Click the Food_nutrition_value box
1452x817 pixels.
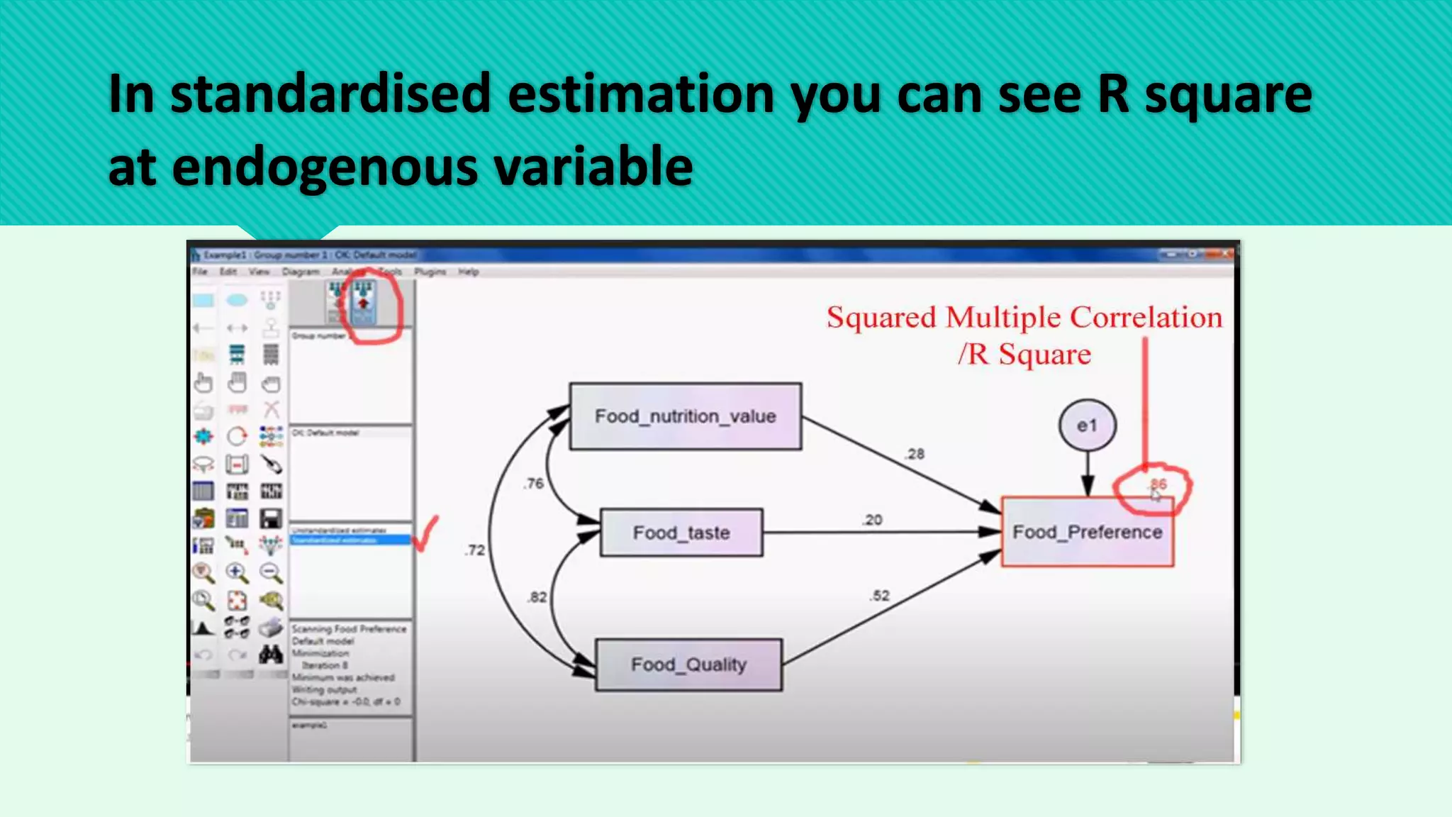point(685,416)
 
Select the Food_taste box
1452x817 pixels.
point(681,533)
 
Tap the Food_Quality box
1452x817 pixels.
point(688,665)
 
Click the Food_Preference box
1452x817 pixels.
point(1087,532)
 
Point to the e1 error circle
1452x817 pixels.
point(1087,426)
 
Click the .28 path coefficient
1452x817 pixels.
point(915,454)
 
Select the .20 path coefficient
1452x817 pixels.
point(873,520)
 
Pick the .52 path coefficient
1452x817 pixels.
point(879,596)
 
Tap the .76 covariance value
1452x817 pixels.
point(534,484)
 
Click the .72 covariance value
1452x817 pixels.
point(475,550)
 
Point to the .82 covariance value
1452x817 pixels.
point(537,597)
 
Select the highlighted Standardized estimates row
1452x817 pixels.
point(350,540)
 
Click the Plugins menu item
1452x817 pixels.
point(430,272)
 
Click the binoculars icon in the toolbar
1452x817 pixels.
point(271,654)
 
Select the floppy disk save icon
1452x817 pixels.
point(271,518)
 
